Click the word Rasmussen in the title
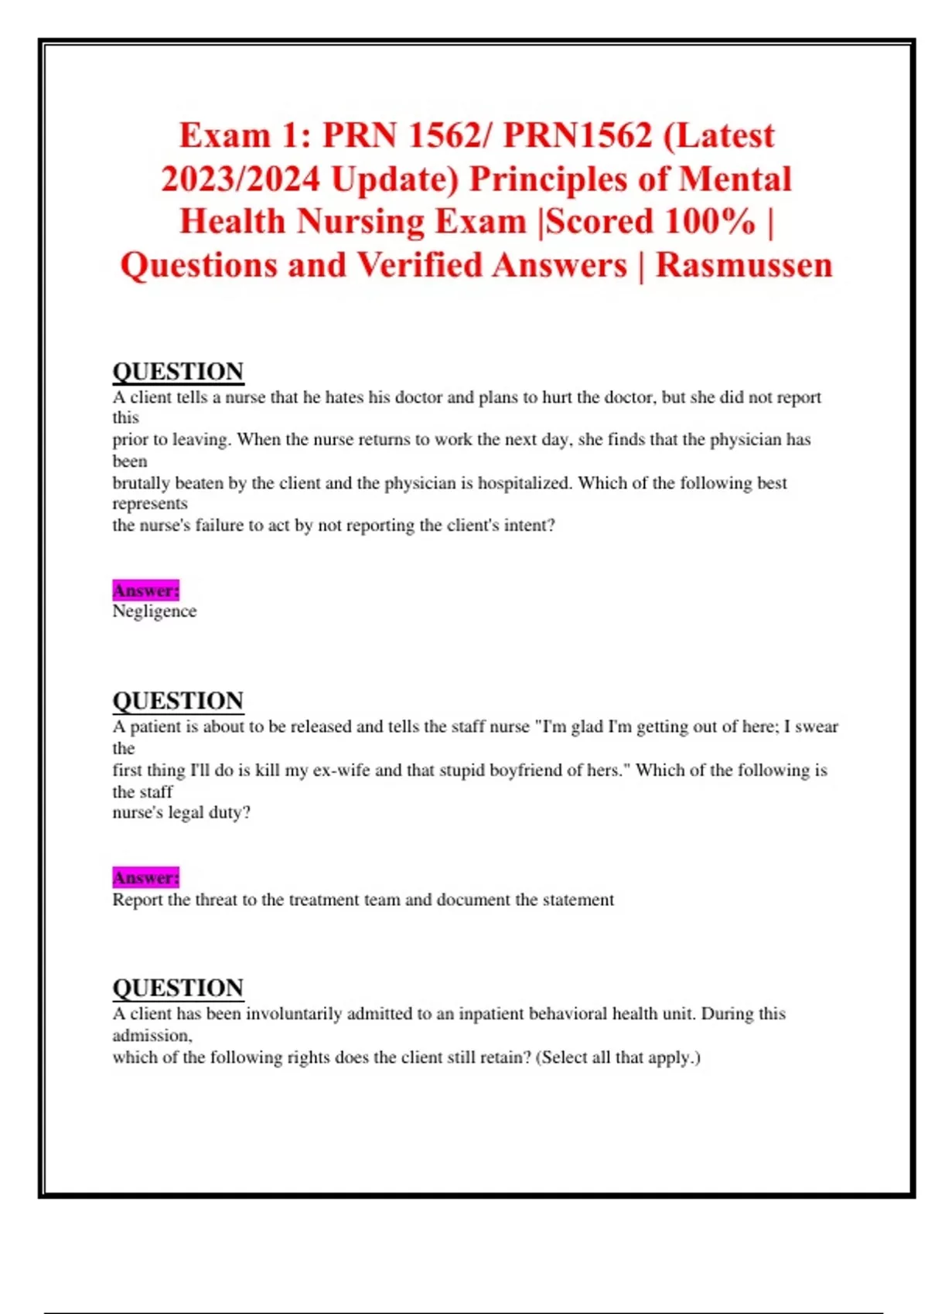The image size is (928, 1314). click(744, 265)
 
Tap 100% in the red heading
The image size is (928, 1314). click(709, 222)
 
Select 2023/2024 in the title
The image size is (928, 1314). click(240, 179)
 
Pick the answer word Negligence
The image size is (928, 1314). click(155, 611)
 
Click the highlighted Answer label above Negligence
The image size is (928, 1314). click(145, 591)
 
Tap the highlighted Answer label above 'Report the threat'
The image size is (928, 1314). click(145, 878)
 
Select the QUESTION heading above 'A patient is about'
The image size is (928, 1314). click(178, 700)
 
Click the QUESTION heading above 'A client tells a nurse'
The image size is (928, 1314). click(178, 371)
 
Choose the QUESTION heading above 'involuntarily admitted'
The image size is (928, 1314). click(178, 988)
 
